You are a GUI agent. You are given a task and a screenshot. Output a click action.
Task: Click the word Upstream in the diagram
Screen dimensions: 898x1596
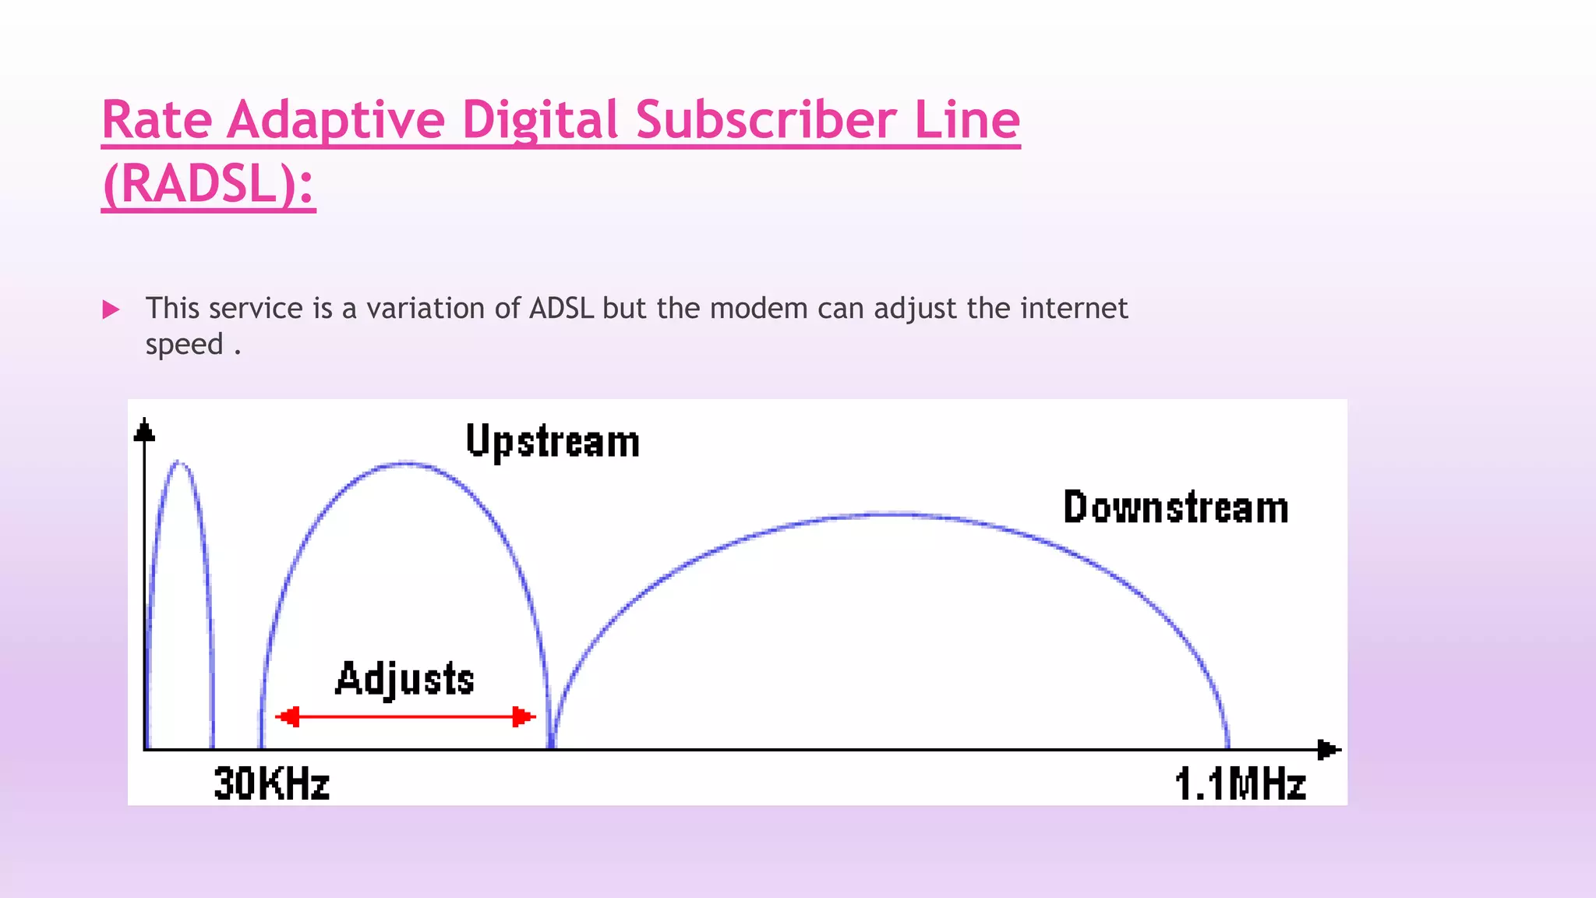point(553,442)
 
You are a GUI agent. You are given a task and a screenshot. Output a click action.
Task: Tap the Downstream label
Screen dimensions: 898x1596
point(1175,507)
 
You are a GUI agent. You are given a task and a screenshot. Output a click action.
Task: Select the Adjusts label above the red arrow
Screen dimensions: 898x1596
point(404,679)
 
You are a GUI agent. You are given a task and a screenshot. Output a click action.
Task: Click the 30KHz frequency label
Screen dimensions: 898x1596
point(271,783)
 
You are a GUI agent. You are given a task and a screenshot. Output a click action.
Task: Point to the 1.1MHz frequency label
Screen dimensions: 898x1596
point(1240,783)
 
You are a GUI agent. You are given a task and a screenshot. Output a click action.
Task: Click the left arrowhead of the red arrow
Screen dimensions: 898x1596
point(288,716)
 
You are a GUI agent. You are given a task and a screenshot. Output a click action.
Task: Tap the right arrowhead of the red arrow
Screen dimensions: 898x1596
point(523,716)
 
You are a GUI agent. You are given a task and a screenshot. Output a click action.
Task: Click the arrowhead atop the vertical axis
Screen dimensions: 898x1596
point(144,430)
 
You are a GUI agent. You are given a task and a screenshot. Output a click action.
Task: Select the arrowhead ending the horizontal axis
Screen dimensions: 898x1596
point(1328,750)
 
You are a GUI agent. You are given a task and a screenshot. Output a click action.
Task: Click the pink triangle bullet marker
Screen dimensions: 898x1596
point(111,309)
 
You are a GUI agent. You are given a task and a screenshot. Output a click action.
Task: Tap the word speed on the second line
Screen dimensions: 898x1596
point(185,345)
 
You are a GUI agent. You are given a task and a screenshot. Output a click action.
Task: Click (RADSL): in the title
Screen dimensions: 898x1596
point(208,185)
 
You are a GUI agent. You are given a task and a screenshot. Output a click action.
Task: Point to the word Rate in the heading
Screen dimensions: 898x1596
point(157,120)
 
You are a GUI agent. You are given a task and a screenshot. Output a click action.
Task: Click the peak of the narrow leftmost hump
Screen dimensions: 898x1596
point(179,462)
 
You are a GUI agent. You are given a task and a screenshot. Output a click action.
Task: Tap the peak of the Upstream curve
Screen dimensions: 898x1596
point(405,464)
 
